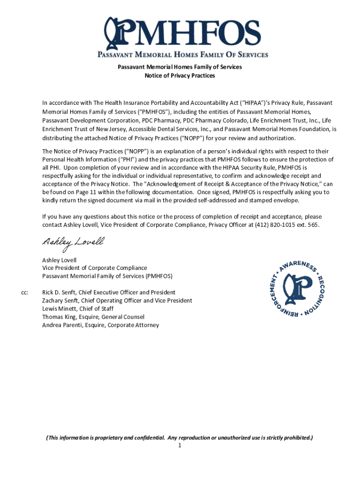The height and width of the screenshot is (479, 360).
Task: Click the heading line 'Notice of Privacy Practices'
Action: click(180, 75)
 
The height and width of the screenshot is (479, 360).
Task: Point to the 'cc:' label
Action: click(25, 292)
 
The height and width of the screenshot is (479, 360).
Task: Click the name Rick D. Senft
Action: click(61, 292)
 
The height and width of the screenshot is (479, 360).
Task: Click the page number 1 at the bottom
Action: click(180, 446)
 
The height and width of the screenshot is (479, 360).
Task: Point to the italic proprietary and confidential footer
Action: click(180, 438)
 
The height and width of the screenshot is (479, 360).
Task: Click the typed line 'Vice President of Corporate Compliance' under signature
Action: click(94, 268)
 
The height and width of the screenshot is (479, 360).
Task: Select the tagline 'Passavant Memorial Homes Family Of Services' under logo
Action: click(182, 54)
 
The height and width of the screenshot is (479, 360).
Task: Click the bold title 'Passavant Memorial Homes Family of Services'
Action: click(180, 67)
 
